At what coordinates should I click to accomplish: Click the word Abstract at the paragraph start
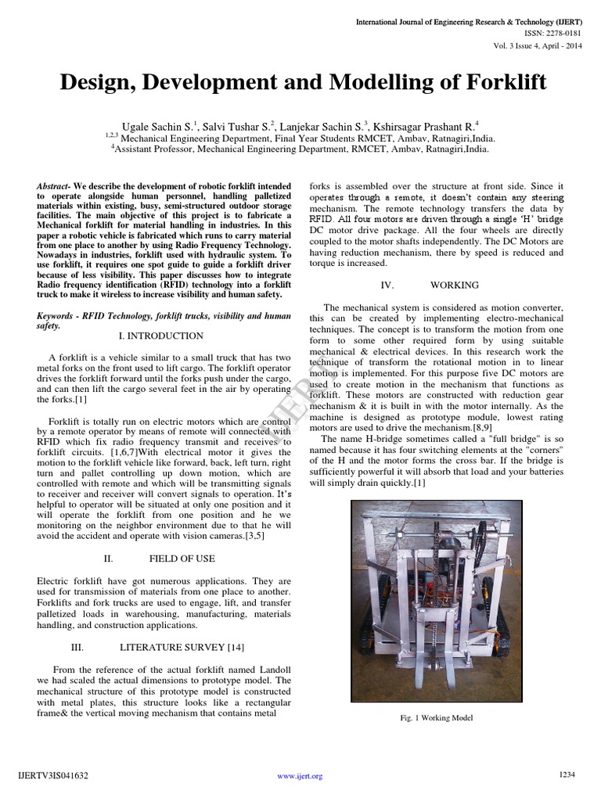[x=53, y=185]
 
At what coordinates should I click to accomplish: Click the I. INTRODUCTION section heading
[x=160, y=336]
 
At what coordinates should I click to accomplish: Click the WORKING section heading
[x=455, y=286]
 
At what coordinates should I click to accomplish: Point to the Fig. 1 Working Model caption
[x=436, y=717]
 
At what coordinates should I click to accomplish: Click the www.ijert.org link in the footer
[x=300, y=776]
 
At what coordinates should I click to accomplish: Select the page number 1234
[x=567, y=774]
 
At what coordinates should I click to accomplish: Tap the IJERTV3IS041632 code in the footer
[x=52, y=776]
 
